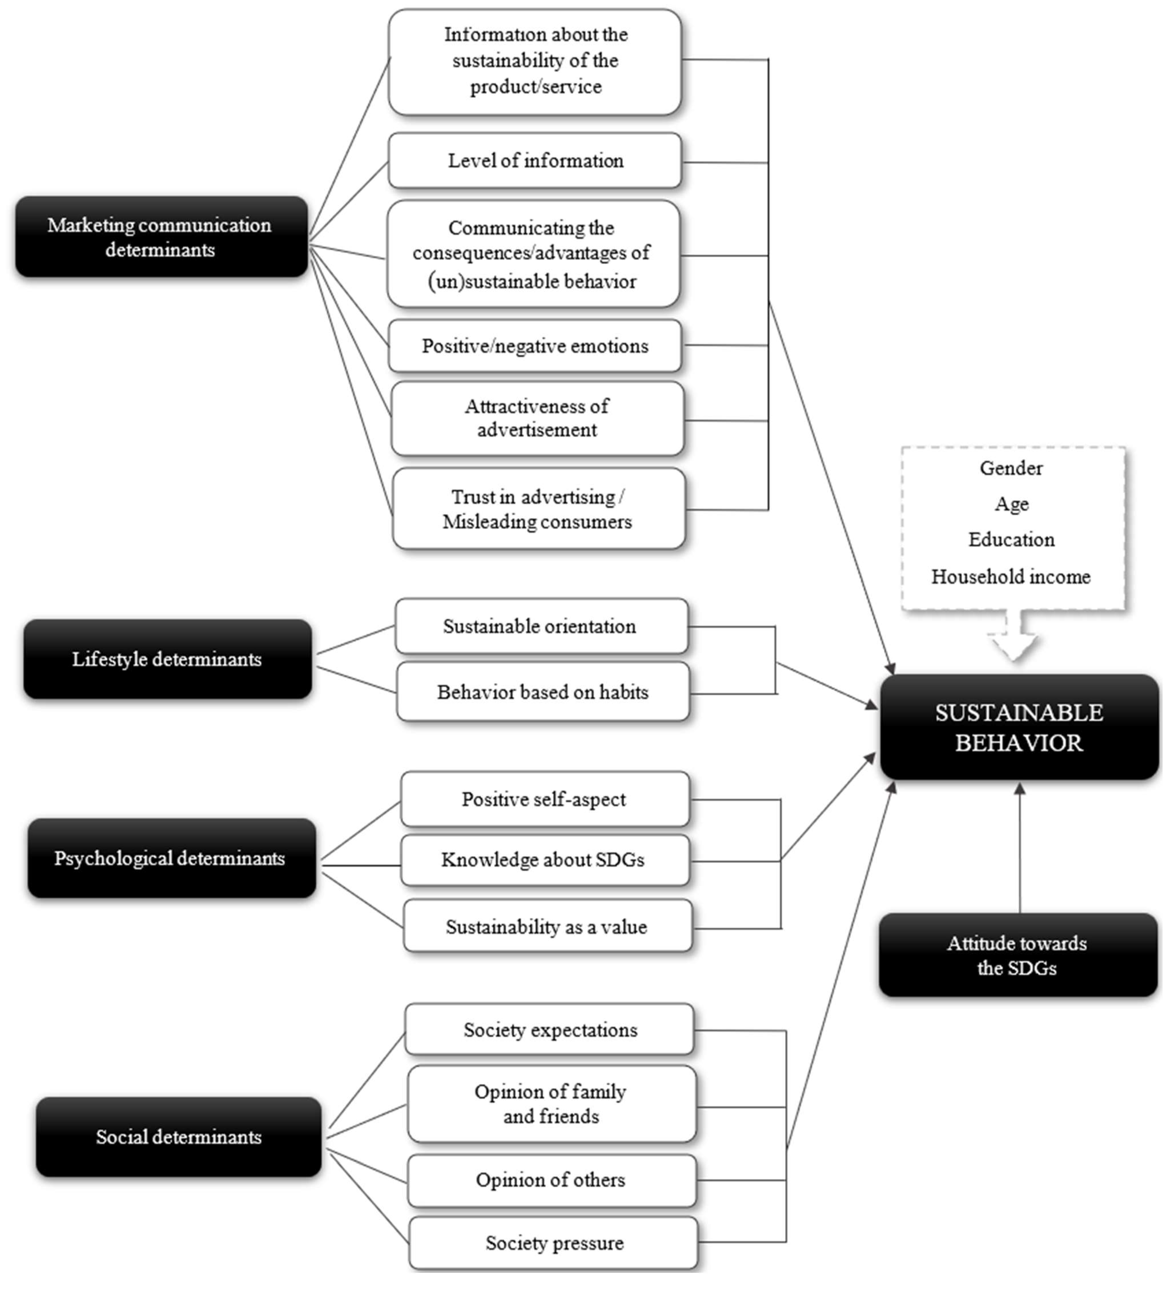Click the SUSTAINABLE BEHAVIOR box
click(1019, 727)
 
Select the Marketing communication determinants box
click(161, 237)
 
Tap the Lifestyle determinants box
click(168, 659)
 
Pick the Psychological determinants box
click(171, 858)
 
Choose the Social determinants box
click(178, 1137)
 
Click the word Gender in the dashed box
click(1011, 468)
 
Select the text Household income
click(1011, 576)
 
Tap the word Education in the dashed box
click(1011, 539)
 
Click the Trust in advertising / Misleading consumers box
click(538, 509)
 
